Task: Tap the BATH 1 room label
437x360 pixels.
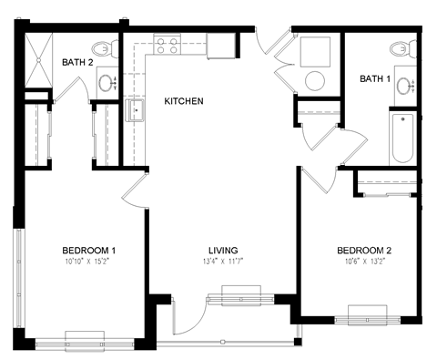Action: (373, 79)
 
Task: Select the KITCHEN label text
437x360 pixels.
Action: (183, 101)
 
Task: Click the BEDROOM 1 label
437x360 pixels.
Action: (88, 251)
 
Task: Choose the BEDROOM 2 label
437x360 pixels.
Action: (364, 251)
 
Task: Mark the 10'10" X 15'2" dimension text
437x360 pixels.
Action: (88, 263)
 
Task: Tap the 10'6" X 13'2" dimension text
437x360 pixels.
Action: (364, 263)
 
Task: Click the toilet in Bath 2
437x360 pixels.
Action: (104, 48)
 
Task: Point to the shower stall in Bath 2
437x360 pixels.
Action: (39, 60)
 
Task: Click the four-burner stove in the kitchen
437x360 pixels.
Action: (166, 44)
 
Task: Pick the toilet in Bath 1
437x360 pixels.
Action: (399, 48)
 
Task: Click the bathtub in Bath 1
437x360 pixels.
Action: (401, 139)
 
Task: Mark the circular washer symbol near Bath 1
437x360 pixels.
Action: (316, 79)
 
